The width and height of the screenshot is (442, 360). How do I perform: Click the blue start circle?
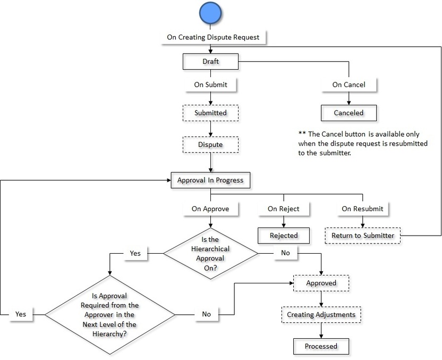click(x=210, y=13)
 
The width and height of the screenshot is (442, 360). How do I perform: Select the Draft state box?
click(x=210, y=61)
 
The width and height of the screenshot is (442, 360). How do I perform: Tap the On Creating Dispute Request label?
click(x=213, y=37)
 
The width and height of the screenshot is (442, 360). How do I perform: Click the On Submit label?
click(x=210, y=85)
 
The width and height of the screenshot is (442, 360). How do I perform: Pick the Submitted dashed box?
click(x=210, y=113)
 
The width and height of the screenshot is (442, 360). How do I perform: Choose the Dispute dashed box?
click(x=210, y=144)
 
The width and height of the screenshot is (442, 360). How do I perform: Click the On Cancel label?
click(x=348, y=85)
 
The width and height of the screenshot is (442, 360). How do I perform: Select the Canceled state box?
click(x=348, y=113)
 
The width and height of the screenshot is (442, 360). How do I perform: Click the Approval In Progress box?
click(x=210, y=180)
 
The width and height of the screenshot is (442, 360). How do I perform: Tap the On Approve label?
click(x=210, y=209)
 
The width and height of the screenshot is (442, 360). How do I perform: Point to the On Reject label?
click(x=283, y=209)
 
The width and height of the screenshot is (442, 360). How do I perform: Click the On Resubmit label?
click(x=362, y=209)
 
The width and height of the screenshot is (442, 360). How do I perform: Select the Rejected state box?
click(x=284, y=236)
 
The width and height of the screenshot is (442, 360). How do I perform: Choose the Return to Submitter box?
click(x=363, y=236)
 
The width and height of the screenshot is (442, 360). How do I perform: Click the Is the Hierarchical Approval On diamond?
click(x=210, y=253)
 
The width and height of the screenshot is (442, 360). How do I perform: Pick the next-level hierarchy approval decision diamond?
click(x=110, y=314)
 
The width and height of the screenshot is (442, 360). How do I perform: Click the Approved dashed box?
click(x=321, y=283)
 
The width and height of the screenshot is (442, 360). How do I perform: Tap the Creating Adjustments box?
click(x=321, y=315)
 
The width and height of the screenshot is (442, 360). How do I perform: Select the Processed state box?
click(x=321, y=346)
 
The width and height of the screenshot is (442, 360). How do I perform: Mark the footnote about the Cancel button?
click(x=363, y=143)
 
